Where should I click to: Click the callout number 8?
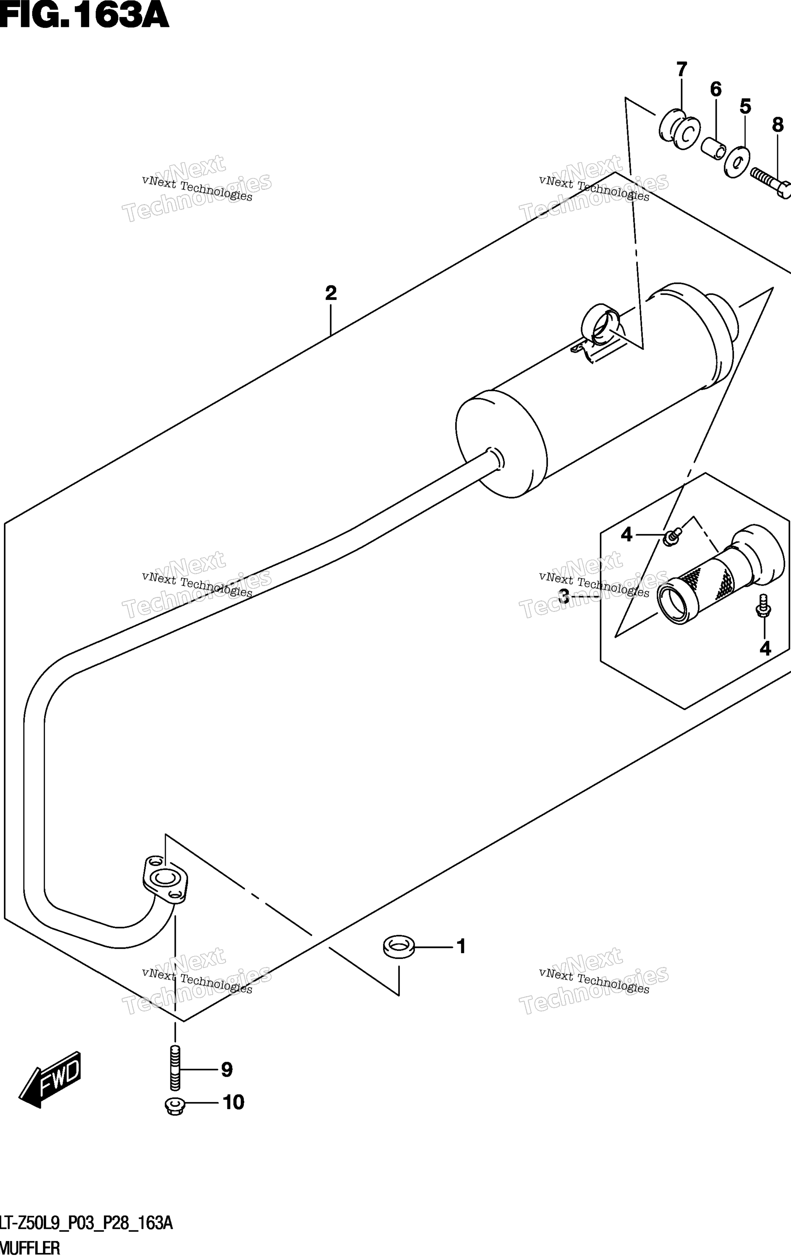[x=778, y=125]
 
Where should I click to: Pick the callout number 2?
[x=330, y=293]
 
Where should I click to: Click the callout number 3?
[x=564, y=596]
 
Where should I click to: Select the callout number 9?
[x=226, y=1070]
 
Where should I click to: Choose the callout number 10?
[x=234, y=1102]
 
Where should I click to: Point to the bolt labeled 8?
[x=771, y=184]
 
